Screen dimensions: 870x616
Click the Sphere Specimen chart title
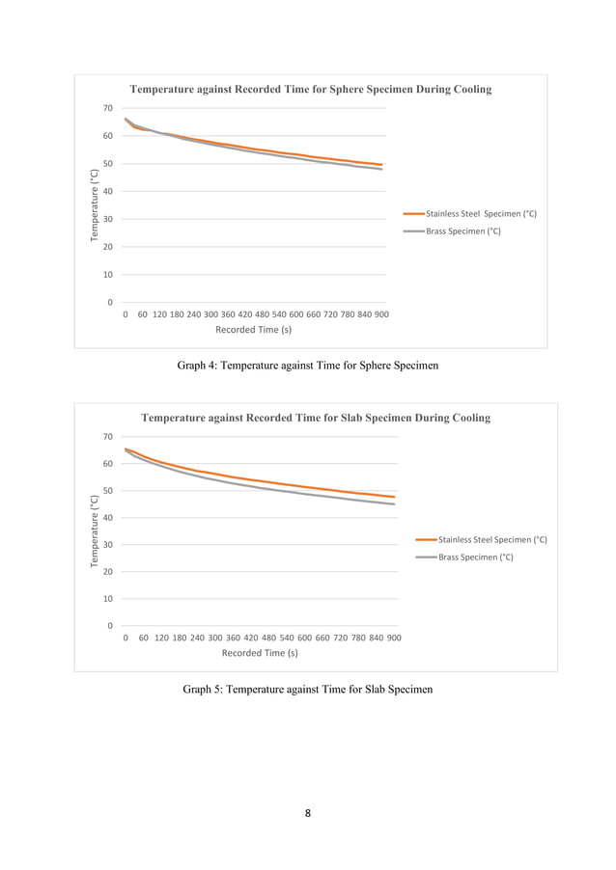(310, 90)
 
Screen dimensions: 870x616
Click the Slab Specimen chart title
(316, 419)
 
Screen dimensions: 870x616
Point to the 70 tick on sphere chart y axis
(108, 109)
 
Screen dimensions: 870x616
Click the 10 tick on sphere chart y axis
(108, 275)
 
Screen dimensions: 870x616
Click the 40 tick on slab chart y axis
(108, 518)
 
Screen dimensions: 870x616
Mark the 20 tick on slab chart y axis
(108, 572)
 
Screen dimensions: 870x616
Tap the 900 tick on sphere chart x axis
(381, 314)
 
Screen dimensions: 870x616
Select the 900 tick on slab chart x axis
(393, 638)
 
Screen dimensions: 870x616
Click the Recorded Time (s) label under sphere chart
(253, 330)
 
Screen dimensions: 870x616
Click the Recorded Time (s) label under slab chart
(260, 653)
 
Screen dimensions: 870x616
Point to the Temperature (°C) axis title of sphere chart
(95, 205)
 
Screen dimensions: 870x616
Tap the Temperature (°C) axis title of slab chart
(95, 530)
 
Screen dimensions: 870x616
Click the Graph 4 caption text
(307, 367)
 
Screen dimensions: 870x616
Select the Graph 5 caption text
(307, 690)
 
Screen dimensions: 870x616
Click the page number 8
(307, 814)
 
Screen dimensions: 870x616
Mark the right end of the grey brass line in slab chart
(394, 503)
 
